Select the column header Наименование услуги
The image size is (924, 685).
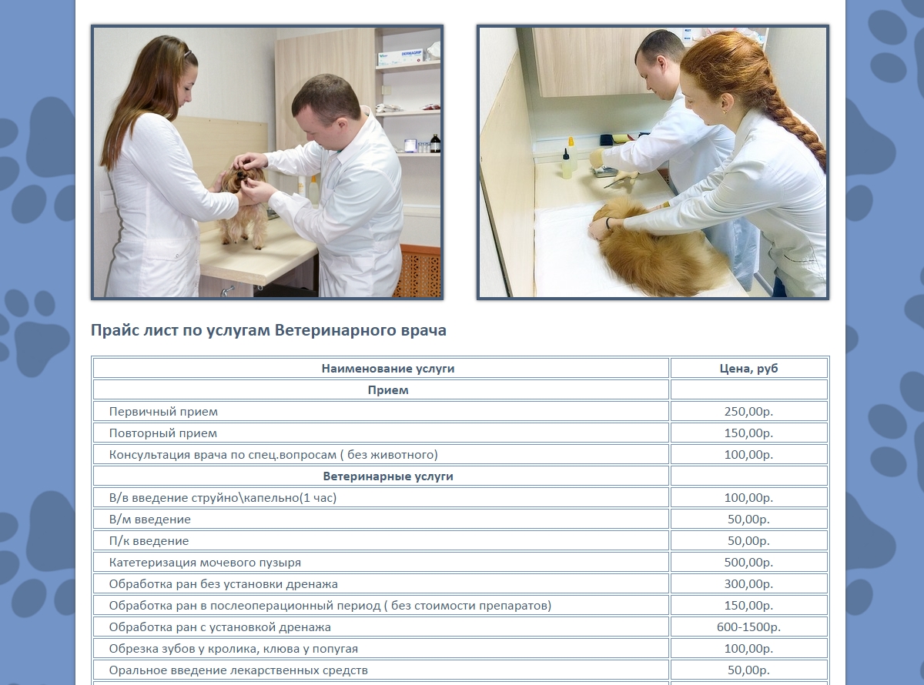click(x=388, y=369)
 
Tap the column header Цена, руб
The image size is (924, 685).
click(x=748, y=369)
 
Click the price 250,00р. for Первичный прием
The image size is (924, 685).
click(x=748, y=412)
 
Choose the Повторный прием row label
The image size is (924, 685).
click(x=163, y=433)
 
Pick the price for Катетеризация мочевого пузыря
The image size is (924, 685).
click(x=748, y=562)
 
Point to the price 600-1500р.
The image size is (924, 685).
click(x=748, y=627)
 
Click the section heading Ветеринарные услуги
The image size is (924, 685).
click(x=388, y=476)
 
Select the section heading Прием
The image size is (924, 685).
click(x=388, y=390)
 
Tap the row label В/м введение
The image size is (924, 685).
click(x=150, y=520)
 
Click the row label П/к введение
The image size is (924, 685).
click(x=149, y=540)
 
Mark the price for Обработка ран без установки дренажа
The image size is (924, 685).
click(x=748, y=584)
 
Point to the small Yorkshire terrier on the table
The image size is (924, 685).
click(x=243, y=204)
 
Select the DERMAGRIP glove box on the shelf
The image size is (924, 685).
click(x=399, y=57)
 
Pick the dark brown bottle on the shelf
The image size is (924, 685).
click(x=435, y=143)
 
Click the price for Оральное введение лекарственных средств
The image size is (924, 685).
click(x=748, y=670)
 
